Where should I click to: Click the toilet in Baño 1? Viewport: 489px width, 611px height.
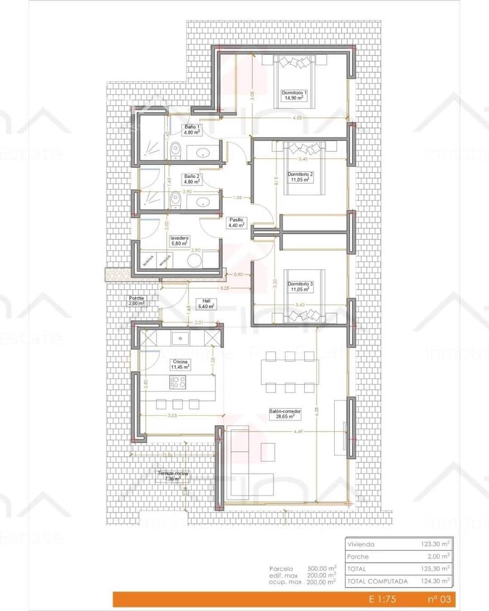pyautogui.click(x=176, y=150)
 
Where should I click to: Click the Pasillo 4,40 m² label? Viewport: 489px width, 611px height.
pyautogui.click(x=236, y=221)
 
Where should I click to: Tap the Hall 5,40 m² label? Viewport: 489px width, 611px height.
pyautogui.click(x=206, y=303)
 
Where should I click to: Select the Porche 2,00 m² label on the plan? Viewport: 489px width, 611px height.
pyautogui.click(x=137, y=300)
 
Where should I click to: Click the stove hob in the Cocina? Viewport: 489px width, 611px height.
pyautogui.click(x=178, y=381)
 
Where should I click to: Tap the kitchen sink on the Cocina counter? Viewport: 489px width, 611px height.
pyautogui.click(x=180, y=338)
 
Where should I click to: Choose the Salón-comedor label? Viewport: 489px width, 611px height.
pyautogui.click(x=286, y=413)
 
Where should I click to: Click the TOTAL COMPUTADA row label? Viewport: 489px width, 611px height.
pyautogui.click(x=377, y=581)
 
